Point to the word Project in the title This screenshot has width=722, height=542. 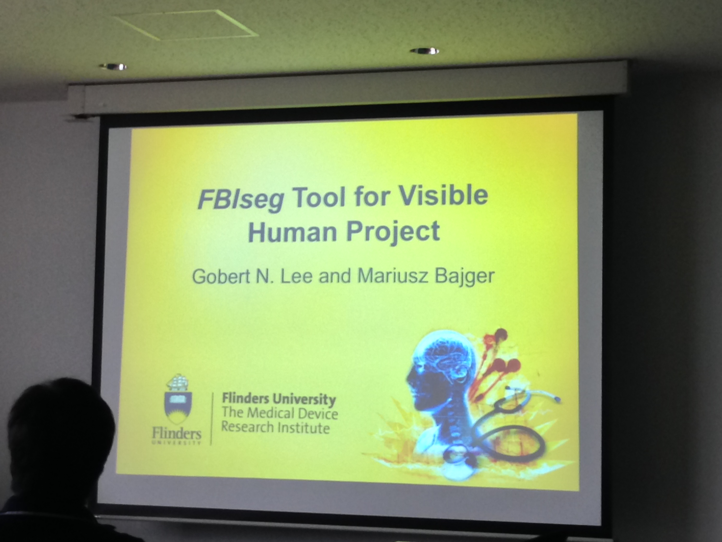pos(393,232)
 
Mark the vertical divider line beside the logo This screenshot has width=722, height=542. pos(212,418)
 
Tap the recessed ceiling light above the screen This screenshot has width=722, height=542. pos(424,51)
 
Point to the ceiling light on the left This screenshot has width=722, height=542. pos(113,67)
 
